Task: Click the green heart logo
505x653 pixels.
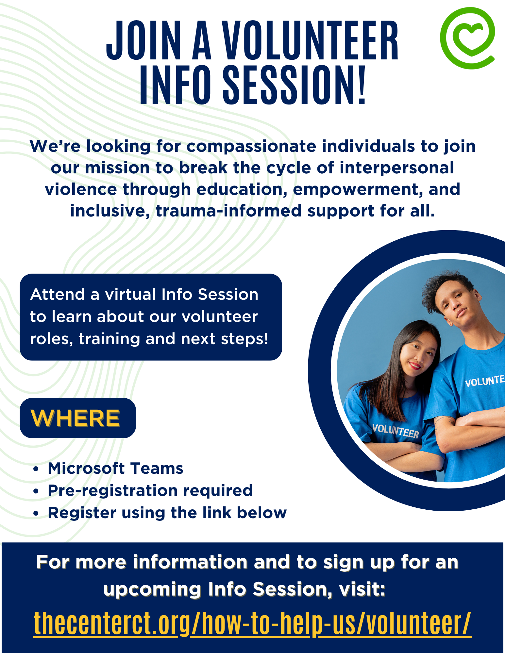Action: pos(467,38)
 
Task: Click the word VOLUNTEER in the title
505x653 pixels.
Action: pos(311,41)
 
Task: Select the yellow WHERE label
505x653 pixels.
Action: pos(75,418)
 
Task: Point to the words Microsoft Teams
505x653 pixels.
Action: pos(115,468)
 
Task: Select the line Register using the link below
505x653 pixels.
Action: pos(167,513)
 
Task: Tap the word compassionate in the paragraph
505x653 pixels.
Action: pos(251,147)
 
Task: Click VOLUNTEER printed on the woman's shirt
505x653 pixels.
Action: pos(396,431)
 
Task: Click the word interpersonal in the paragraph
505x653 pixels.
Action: pos(397,168)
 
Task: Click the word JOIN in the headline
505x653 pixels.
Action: pos(144,41)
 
